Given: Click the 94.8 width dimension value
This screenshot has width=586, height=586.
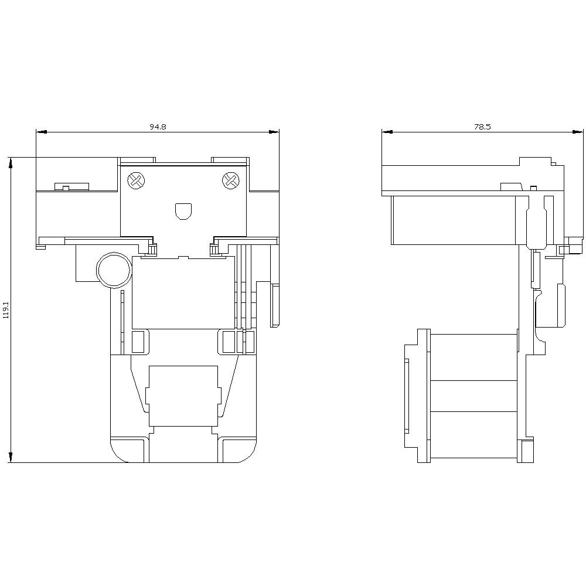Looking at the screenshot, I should [158, 127].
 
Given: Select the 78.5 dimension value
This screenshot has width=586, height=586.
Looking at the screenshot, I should [483, 127].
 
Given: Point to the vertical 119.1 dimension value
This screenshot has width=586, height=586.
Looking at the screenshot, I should [6, 309].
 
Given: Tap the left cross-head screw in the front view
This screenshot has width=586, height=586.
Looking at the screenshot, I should [136, 181].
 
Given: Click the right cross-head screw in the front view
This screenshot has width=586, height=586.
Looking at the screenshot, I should [231, 181].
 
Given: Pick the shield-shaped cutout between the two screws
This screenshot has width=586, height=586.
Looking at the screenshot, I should [183, 211].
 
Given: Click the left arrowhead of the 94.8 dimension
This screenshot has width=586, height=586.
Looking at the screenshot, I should [40, 132].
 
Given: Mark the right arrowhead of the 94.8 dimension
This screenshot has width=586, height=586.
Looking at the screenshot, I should [274, 132].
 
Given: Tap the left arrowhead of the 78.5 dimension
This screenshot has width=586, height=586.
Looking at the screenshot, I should [386, 132].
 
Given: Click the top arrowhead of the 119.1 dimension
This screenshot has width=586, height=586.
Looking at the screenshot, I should [11, 162].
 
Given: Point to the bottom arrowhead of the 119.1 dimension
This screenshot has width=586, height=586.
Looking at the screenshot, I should [11, 457].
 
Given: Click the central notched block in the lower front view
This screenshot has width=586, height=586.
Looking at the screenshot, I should [183, 396].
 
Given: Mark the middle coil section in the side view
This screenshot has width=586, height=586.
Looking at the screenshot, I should [473, 396].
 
